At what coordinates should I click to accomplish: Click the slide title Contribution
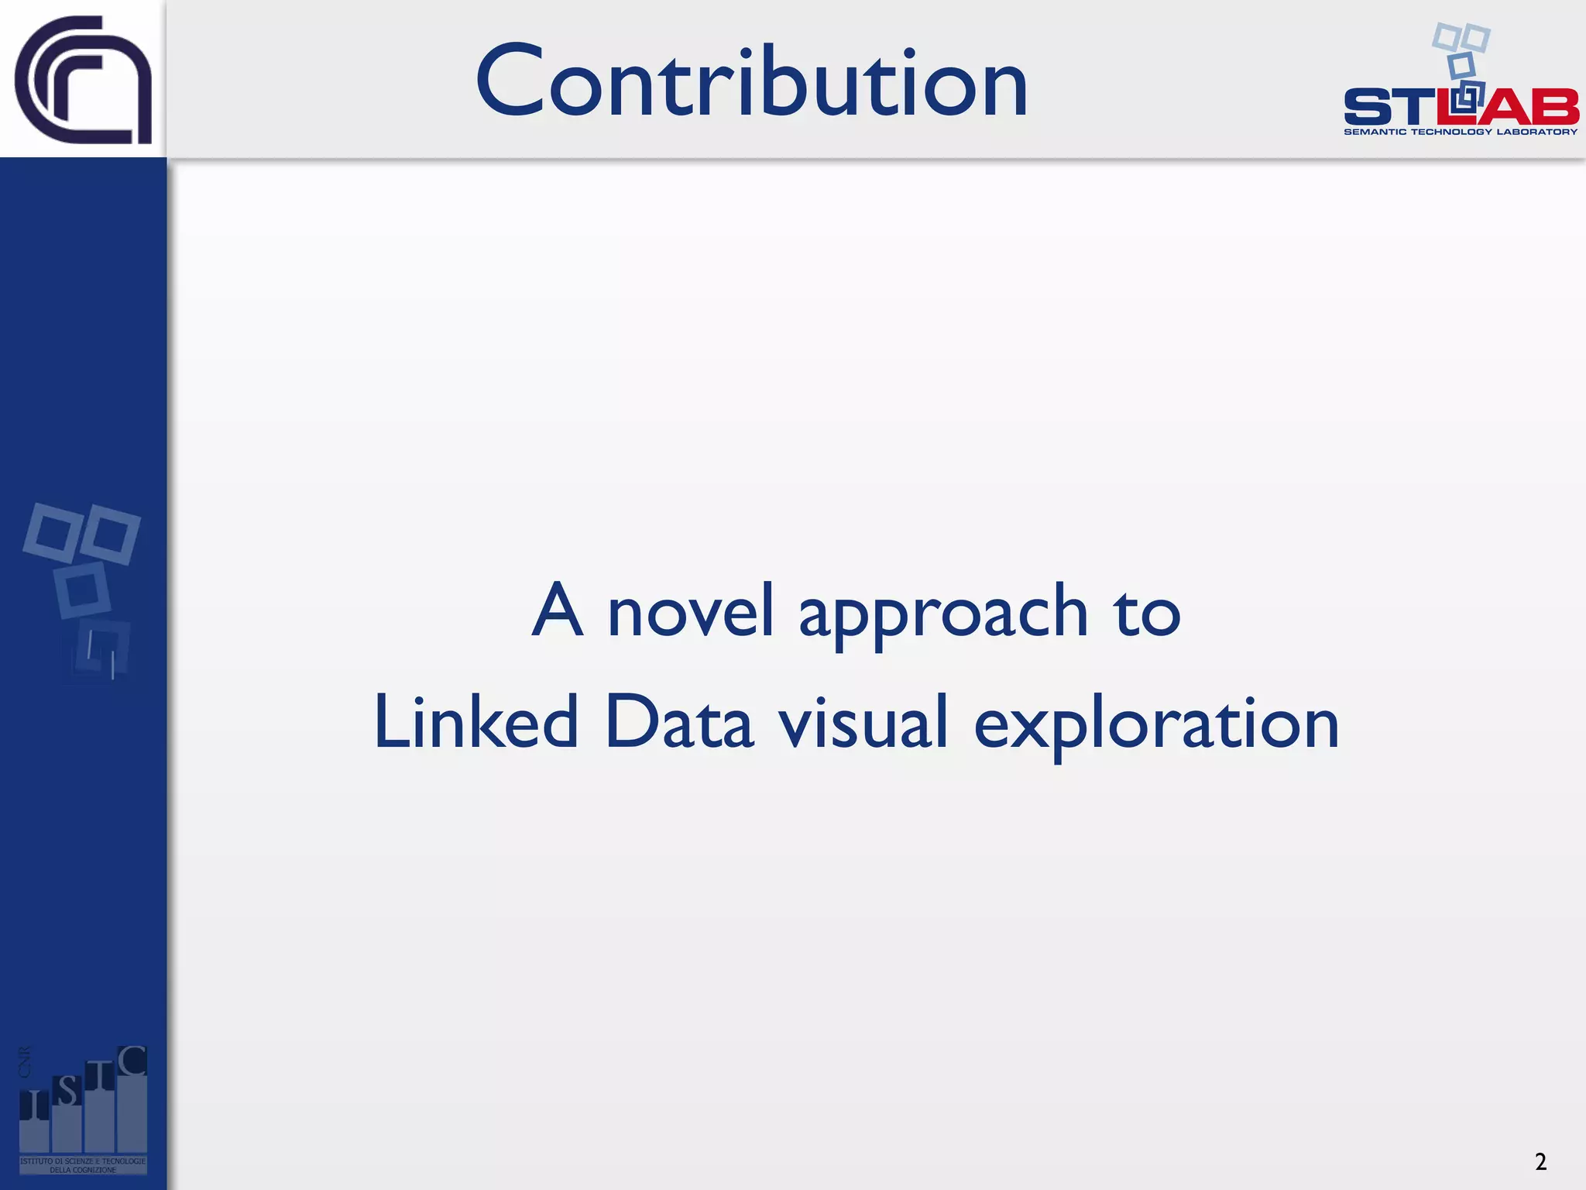(x=751, y=81)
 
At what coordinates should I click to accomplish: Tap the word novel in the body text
(x=690, y=612)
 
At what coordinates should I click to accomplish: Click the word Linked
(x=475, y=722)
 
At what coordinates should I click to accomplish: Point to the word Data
(x=678, y=722)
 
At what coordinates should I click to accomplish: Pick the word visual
(x=863, y=722)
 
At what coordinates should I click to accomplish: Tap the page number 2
(x=1540, y=1161)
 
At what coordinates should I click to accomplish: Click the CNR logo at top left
(x=83, y=80)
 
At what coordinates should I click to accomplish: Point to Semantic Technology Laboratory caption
(x=1460, y=132)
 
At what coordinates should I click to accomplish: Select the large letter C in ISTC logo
(x=132, y=1061)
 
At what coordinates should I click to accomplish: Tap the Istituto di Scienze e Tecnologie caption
(x=82, y=1165)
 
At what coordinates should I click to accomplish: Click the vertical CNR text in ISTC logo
(x=25, y=1061)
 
